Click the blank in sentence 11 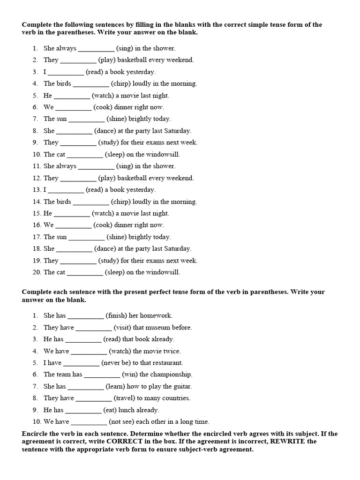pos(96,166)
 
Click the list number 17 pos(37,237)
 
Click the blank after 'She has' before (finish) pos(86,316)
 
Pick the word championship pos(172,375)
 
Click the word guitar pos(182,386)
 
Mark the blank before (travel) pos(94,398)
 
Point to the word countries pos(176,398)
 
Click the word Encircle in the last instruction pos(36,434)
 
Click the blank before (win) pos(102,375)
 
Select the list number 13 pos(37,190)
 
